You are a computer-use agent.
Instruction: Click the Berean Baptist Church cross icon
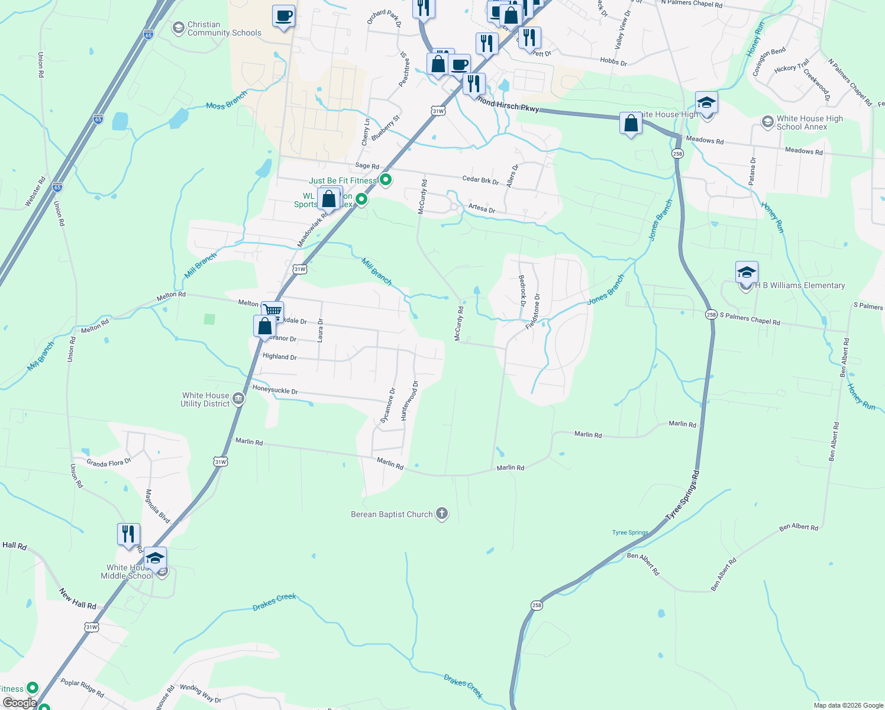442,514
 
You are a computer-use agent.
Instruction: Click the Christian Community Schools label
224,28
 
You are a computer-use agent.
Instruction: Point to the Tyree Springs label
630,532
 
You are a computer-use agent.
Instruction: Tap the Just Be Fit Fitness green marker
386,179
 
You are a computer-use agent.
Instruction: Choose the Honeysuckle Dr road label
275,390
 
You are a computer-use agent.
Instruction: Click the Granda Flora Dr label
109,463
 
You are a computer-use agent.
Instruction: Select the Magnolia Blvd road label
157,506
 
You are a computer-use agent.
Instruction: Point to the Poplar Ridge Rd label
82,688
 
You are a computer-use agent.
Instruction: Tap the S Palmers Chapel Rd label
750,319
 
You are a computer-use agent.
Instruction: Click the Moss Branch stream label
227,101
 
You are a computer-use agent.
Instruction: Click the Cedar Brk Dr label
480,180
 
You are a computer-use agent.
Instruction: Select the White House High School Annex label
809,122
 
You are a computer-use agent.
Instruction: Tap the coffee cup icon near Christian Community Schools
284,15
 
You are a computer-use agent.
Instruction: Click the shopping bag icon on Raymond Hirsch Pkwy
631,123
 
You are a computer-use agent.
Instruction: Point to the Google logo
20,702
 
